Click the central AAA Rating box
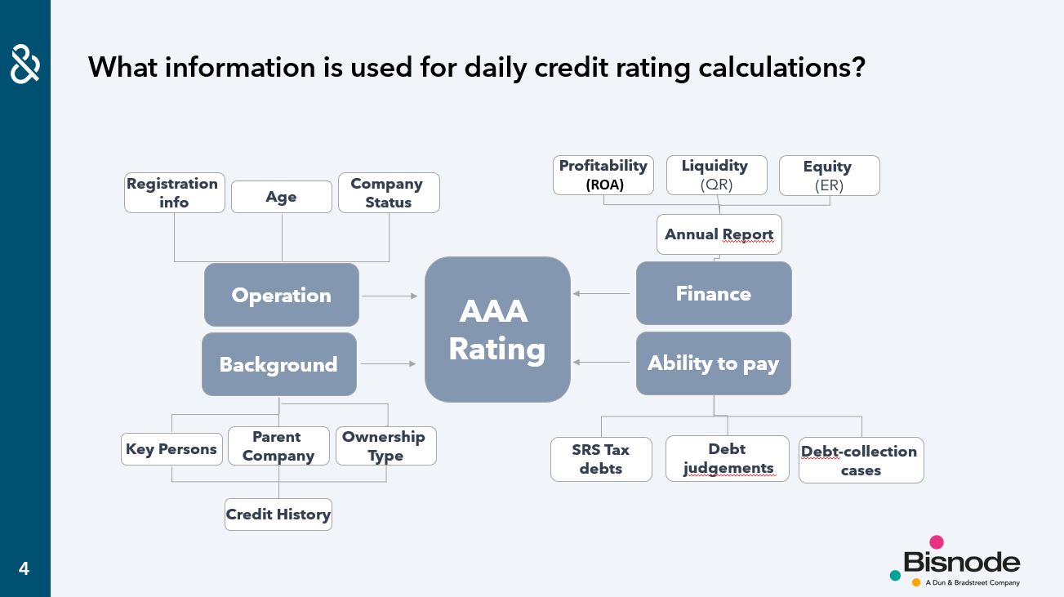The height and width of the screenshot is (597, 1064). [497, 330]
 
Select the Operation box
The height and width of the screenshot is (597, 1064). [282, 295]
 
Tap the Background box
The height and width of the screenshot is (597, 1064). [279, 364]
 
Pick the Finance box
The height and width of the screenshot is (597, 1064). [714, 293]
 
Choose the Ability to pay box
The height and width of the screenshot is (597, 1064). [714, 363]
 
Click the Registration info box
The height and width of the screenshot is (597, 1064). [174, 193]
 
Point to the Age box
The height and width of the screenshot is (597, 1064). [282, 197]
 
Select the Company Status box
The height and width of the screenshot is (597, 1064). [389, 193]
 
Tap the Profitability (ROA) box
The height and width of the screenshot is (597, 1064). [603, 176]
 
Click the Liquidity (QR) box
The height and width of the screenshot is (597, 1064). [717, 176]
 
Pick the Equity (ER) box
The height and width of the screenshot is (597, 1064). [830, 176]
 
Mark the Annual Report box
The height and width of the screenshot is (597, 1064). [719, 234]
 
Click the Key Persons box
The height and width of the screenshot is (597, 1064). [171, 449]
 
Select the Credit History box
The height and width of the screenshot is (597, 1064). [278, 515]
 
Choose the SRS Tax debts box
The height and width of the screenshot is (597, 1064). [601, 459]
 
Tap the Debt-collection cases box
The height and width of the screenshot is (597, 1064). [861, 461]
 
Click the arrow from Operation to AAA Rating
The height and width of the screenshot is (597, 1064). [390, 296]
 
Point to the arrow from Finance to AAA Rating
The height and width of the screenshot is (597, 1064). [601, 293]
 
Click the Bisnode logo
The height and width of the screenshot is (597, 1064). [955, 562]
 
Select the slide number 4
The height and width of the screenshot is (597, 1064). [24, 568]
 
